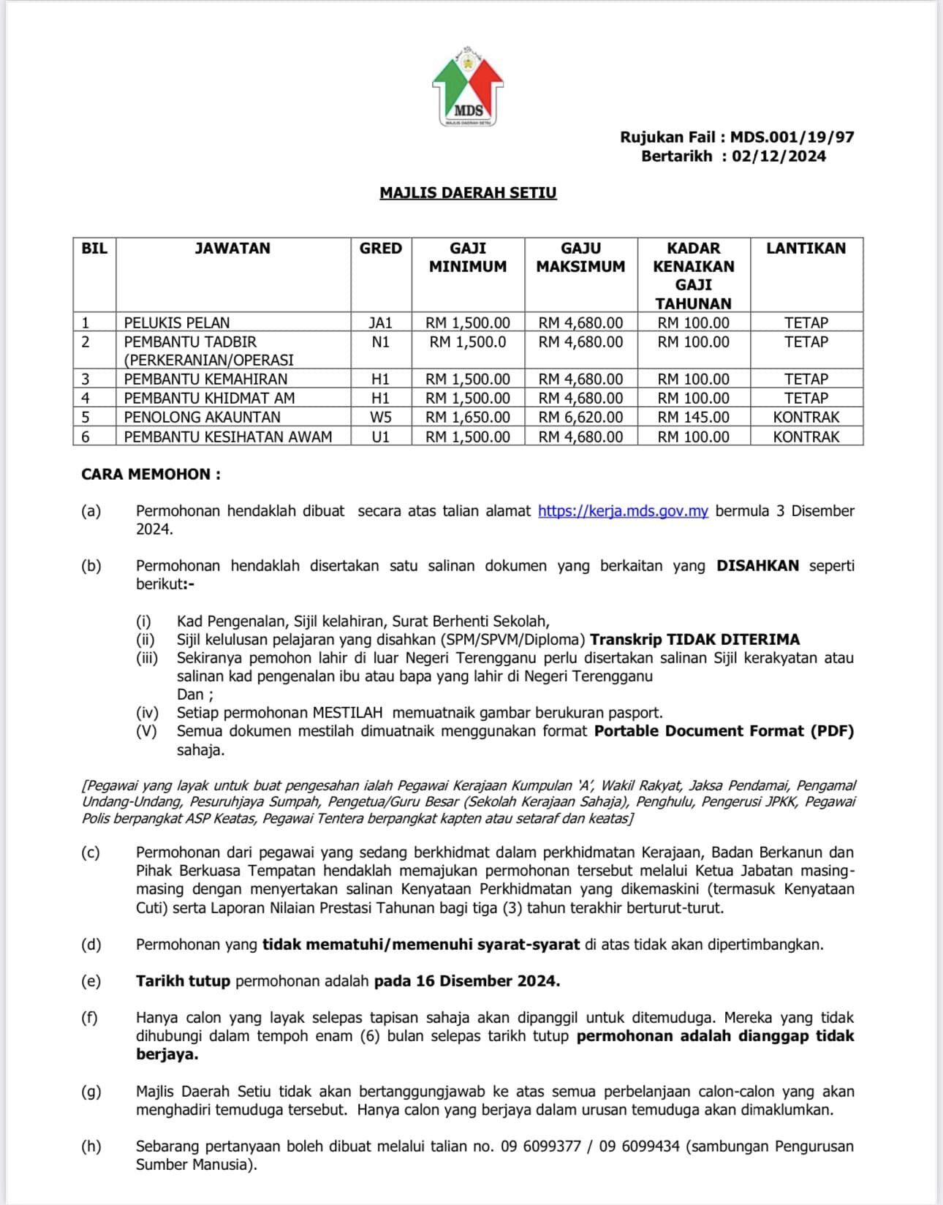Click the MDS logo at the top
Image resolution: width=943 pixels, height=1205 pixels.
click(468, 87)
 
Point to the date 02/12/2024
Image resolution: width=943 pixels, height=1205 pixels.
click(779, 156)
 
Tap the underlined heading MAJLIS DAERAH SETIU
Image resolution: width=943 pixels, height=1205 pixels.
click(468, 193)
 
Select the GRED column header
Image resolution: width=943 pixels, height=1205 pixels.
click(380, 249)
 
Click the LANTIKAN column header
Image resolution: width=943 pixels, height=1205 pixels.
click(806, 249)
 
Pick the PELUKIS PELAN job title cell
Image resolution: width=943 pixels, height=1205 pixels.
click(177, 322)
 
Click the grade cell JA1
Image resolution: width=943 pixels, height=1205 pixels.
click(380, 322)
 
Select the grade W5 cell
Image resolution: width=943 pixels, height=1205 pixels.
click(380, 418)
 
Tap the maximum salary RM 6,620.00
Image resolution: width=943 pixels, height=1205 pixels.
click(580, 418)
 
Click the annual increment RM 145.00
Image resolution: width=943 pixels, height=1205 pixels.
click(693, 418)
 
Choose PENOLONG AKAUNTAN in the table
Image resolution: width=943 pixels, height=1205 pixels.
click(202, 418)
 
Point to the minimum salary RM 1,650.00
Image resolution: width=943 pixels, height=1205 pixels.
click(468, 418)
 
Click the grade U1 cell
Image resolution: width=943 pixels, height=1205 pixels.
click(380, 437)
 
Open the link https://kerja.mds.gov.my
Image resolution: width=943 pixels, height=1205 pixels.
click(623, 511)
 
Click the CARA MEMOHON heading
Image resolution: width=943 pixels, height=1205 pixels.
click(151, 475)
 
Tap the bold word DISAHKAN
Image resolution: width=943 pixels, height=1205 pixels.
click(757, 566)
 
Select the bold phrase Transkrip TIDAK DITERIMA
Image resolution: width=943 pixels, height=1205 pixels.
click(694, 640)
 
